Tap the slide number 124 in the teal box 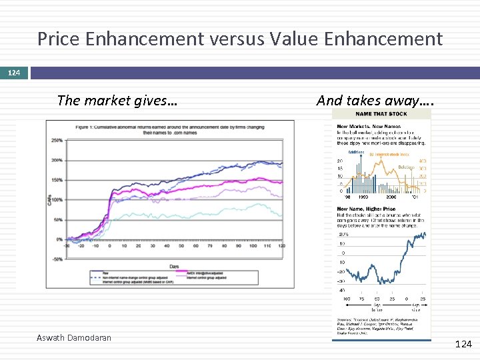coord(14,72)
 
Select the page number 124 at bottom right coord(463,344)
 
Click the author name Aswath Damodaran coord(74,337)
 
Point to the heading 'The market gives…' coord(117,101)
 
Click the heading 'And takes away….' coord(375,101)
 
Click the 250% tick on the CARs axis coord(57,141)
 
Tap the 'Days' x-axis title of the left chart coord(173,266)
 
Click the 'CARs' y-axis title coord(49,199)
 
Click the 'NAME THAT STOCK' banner coord(382,114)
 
